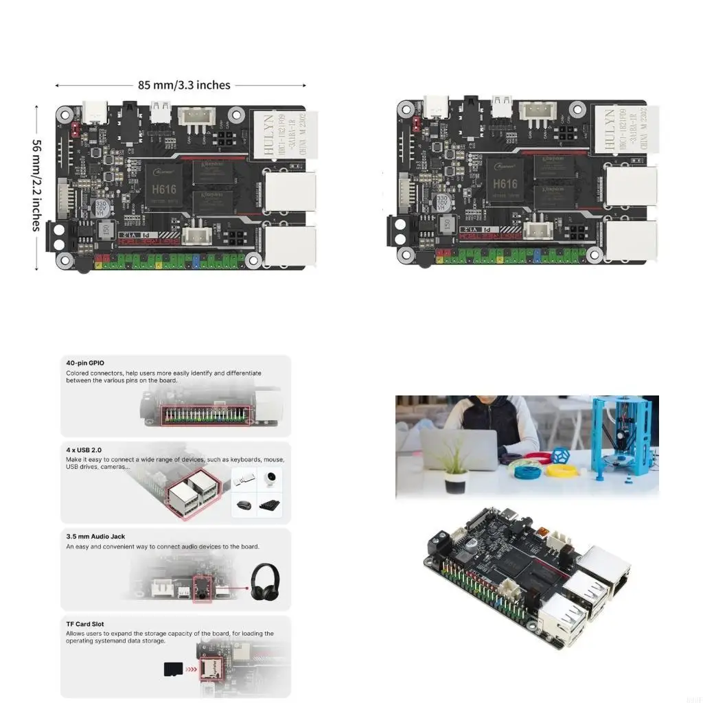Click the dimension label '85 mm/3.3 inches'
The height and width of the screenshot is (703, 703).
pos(184,85)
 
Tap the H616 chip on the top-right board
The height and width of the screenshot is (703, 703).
pos(505,183)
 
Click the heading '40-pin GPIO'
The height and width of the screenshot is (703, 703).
pos(85,362)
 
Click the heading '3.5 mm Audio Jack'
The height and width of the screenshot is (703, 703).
pos(95,536)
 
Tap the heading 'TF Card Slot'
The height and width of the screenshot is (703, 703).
pos(87,623)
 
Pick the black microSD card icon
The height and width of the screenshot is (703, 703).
pos(172,669)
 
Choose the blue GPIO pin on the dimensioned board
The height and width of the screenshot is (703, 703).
pos(196,262)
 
